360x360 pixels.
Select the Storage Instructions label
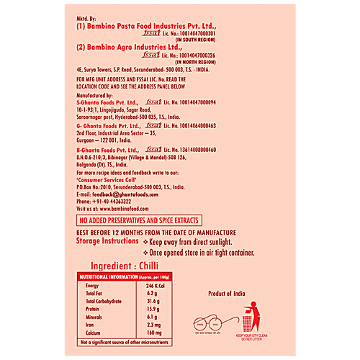point(107,241)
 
